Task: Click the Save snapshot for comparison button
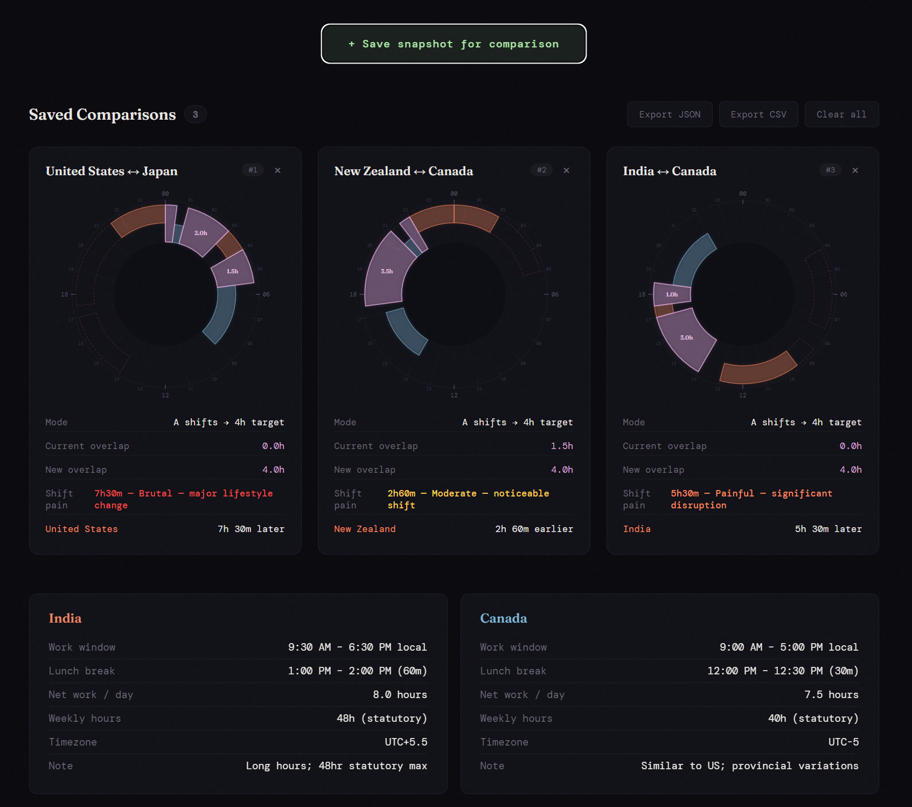coord(454,44)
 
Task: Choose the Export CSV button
coord(758,114)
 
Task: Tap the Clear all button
coord(841,114)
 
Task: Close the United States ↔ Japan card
coord(278,170)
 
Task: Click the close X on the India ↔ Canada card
coord(855,170)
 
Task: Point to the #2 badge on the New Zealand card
coord(541,170)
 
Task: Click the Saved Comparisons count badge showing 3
coord(195,114)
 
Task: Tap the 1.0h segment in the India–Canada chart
coord(672,294)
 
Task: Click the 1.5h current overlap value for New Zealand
coord(561,446)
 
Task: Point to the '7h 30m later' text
coord(250,529)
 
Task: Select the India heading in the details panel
coord(65,618)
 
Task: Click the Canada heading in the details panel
coord(503,618)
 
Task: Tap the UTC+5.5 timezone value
coord(406,742)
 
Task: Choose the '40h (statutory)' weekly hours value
coord(813,718)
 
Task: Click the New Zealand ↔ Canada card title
coord(403,171)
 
